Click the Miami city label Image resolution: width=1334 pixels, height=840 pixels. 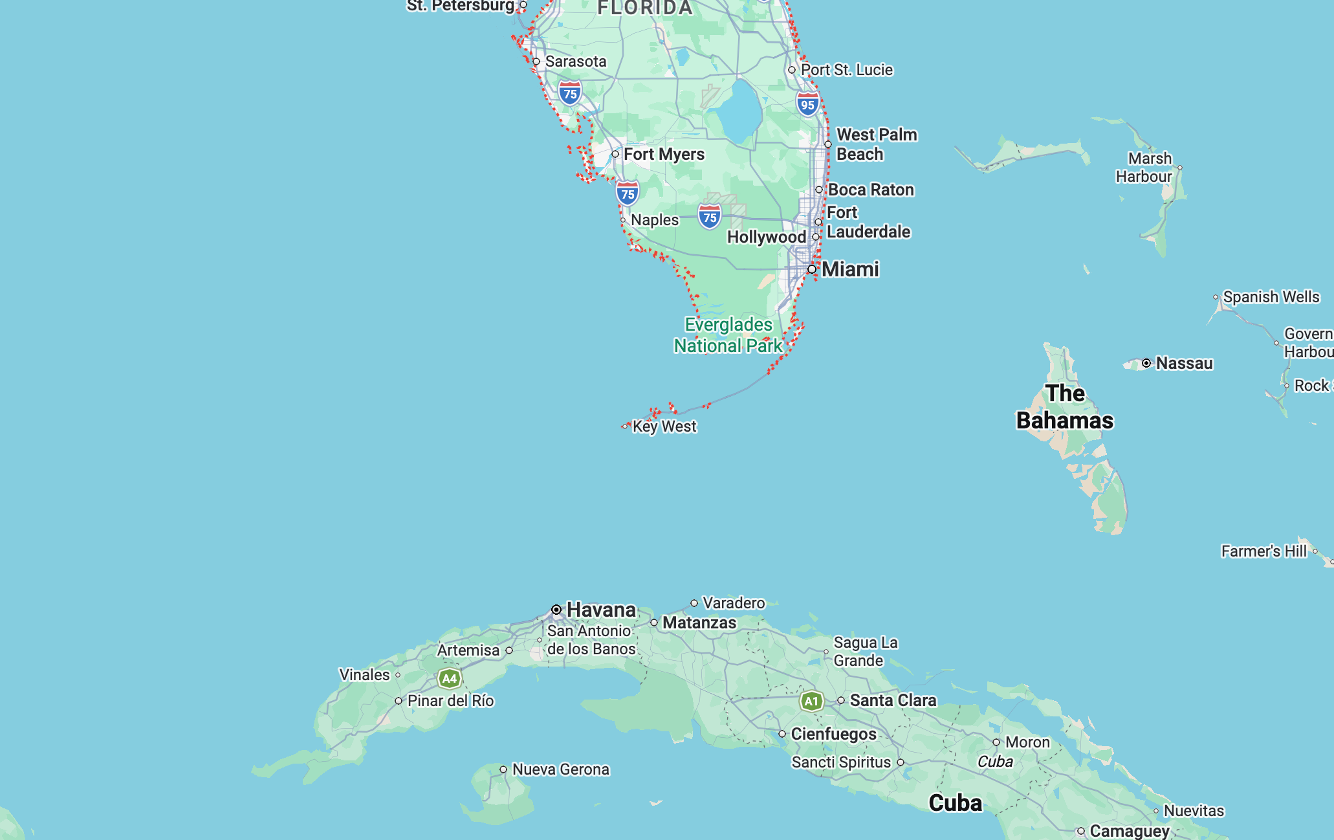pyautogui.click(x=849, y=269)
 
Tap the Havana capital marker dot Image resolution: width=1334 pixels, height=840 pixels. pyautogui.click(x=556, y=610)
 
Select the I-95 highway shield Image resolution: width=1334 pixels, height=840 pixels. pyautogui.click(x=807, y=104)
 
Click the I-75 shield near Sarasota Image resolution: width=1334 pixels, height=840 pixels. pyautogui.click(x=569, y=93)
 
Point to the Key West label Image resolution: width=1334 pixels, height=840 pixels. pyautogui.click(x=664, y=426)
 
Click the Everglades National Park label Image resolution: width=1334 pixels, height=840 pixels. pyautogui.click(x=728, y=335)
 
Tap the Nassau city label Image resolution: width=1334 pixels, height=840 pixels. pyautogui.click(x=1184, y=363)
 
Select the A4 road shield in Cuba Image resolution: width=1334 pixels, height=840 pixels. pyautogui.click(x=449, y=679)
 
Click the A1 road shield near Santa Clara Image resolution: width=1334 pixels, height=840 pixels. pyautogui.click(x=811, y=701)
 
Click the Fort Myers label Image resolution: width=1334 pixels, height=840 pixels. pyautogui.click(x=664, y=154)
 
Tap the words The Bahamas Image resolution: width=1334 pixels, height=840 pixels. pyautogui.click(x=1065, y=407)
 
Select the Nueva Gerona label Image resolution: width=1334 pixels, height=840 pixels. pyautogui.click(x=560, y=769)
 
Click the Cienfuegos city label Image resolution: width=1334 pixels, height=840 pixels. pyautogui.click(x=833, y=734)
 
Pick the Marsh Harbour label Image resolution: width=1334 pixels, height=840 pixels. pyautogui.click(x=1144, y=168)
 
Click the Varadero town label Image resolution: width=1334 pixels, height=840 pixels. pyautogui.click(x=734, y=603)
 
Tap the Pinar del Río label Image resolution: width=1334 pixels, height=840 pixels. pyautogui.click(x=450, y=701)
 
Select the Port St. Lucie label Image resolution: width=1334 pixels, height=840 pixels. pyautogui.click(x=846, y=70)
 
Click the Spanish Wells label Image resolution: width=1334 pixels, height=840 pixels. pyautogui.click(x=1271, y=297)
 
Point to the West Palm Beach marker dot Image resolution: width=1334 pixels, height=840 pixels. pyautogui.click(x=828, y=144)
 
